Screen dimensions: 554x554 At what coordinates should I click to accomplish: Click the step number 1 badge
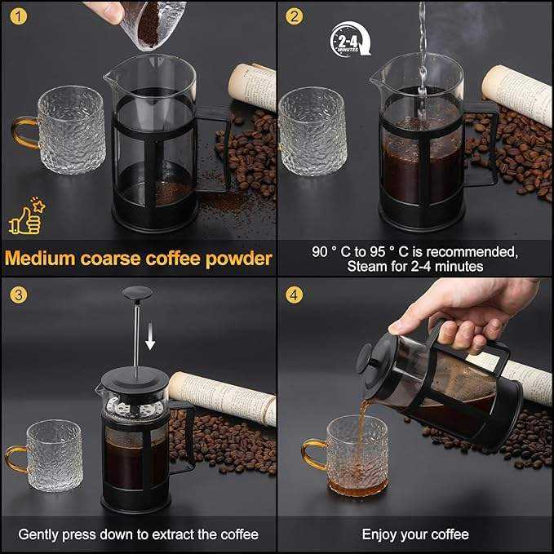[x=19, y=16]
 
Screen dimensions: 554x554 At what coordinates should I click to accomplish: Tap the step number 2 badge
[x=295, y=16]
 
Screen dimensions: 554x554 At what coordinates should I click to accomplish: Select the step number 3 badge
[x=19, y=295]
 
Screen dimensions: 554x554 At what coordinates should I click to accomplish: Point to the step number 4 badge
[x=295, y=295]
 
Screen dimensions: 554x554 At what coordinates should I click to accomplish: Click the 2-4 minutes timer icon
[x=350, y=39]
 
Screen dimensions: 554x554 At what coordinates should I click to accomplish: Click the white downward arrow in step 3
[x=150, y=335]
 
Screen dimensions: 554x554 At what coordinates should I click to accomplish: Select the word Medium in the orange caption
[x=40, y=259]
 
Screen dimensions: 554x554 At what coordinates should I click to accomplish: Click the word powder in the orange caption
[x=239, y=259]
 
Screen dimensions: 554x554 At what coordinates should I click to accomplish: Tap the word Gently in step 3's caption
[x=39, y=534]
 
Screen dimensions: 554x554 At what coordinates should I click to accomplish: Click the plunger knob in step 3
[x=137, y=293]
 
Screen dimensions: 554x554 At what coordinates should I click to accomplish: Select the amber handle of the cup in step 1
[x=24, y=132]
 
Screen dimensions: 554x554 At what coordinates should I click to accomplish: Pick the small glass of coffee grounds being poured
[x=153, y=24]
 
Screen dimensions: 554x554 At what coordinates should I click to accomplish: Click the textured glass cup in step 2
[x=312, y=131]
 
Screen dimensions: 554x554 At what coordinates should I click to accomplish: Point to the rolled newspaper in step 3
[x=223, y=398]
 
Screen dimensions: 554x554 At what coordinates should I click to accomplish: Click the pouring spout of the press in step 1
[x=109, y=77]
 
